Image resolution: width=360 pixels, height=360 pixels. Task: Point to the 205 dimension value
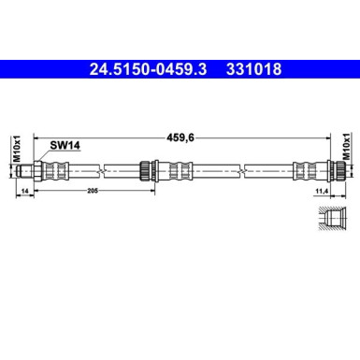point(91,190)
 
